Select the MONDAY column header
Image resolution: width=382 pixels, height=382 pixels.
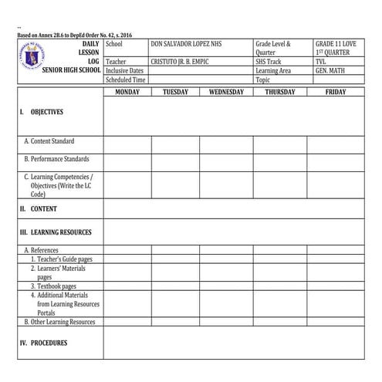click(x=127, y=92)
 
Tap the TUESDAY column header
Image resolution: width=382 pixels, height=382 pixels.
click(x=175, y=92)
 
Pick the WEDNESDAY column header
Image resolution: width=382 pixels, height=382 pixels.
click(x=226, y=92)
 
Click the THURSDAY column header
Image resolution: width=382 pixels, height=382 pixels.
click(x=279, y=92)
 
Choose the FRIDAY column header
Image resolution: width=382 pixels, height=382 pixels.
click(x=335, y=92)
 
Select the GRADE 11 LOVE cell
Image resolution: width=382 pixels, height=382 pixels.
click(x=336, y=44)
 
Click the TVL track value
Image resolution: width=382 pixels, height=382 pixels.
click(x=321, y=61)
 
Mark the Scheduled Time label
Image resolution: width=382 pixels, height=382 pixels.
click(x=126, y=79)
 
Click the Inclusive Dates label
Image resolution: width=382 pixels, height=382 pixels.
click(x=124, y=70)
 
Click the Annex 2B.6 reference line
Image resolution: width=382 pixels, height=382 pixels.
click(x=74, y=35)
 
